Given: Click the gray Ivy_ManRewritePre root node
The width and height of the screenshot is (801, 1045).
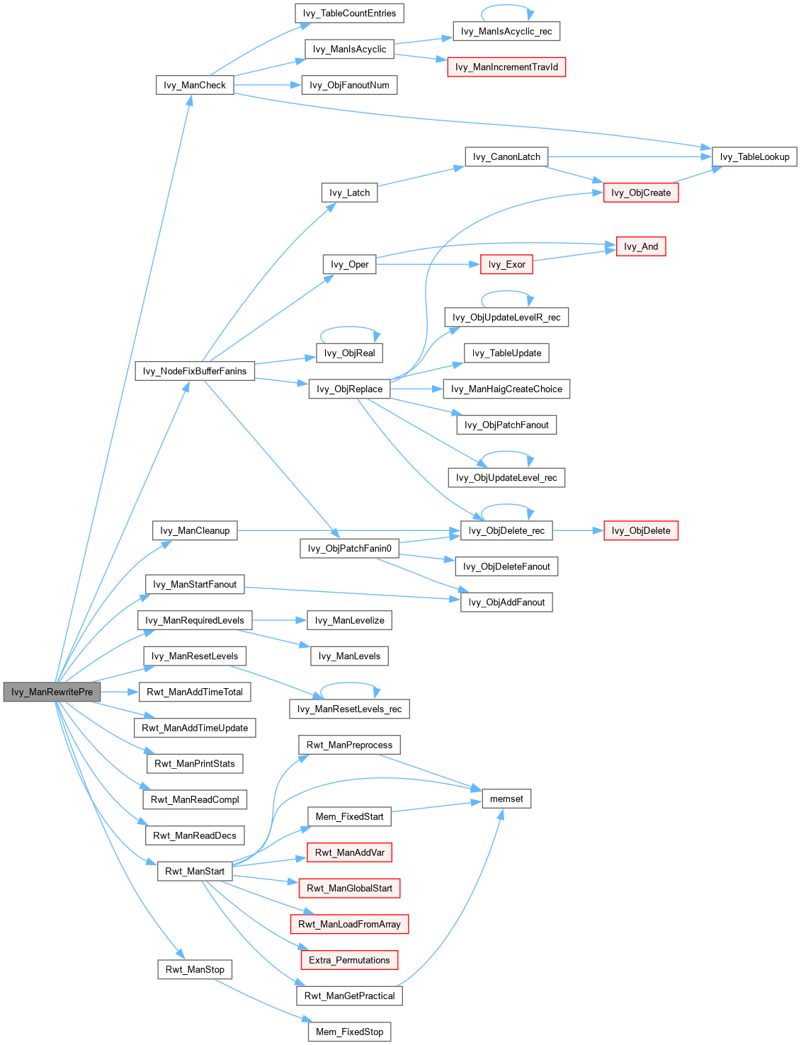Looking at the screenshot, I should [x=52, y=692].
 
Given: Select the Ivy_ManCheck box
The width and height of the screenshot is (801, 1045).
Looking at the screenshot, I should [x=194, y=85].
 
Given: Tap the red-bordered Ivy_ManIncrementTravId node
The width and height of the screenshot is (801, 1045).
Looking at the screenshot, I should [x=506, y=67].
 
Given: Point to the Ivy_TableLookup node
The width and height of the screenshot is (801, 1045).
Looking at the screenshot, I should [x=754, y=156].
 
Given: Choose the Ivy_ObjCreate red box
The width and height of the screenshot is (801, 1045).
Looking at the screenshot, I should [x=640, y=193].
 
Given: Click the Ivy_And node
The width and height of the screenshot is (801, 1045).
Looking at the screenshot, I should [x=641, y=246].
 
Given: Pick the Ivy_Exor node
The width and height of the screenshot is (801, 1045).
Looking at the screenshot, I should [x=506, y=264].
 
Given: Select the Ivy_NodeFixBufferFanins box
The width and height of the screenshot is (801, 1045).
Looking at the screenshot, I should [x=195, y=371].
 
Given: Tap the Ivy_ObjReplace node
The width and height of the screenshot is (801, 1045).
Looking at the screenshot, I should [x=349, y=389].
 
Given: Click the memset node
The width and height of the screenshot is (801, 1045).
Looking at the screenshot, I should [x=506, y=799].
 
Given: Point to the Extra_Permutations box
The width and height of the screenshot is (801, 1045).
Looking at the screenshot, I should [x=349, y=960].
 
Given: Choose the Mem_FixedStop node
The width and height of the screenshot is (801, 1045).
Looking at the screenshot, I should [x=349, y=1032].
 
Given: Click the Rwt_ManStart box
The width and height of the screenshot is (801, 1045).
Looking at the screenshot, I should [x=195, y=871].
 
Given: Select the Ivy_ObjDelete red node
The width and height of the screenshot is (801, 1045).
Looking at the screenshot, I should [x=641, y=530].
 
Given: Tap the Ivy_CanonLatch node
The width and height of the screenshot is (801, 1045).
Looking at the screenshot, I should [x=506, y=156].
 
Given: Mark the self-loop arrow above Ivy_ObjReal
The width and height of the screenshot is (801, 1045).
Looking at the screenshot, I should [x=350, y=328].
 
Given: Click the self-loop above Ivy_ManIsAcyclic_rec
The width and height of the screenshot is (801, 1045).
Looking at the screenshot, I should [x=506, y=6].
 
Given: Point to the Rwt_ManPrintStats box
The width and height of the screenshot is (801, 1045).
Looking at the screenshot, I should [x=195, y=763].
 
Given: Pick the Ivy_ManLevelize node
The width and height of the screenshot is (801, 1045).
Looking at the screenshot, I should [x=349, y=620].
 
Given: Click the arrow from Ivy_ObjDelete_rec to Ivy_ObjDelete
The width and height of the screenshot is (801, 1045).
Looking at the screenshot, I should [x=577, y=530].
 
